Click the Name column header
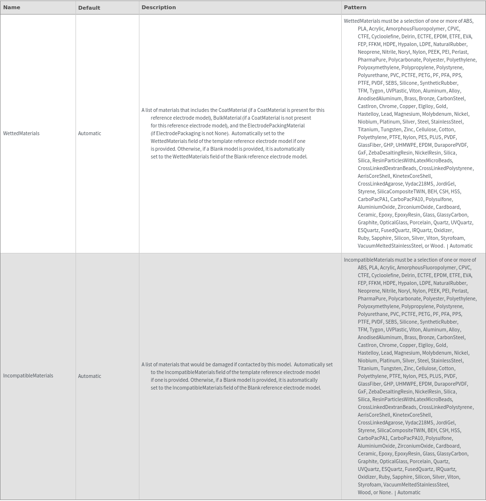[x=12, y=7]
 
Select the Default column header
[x=89, y=8]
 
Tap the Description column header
[x=159, y=7]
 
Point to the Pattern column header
[x=355, y=7]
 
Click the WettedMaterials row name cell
[x=21, y=133]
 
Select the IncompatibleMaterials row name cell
[x=28, y=376]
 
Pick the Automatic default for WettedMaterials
[x=90, y=133]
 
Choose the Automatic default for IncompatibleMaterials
[x=90, y=376]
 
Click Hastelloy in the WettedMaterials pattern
[x=368, y=114]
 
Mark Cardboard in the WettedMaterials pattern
[x=448, y=207]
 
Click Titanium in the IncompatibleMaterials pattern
[x=368, y=368]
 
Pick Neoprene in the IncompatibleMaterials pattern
[x=369, y=291]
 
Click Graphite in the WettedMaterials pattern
[x=367, y=222]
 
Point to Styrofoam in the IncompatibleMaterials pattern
[x=369, y=485]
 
